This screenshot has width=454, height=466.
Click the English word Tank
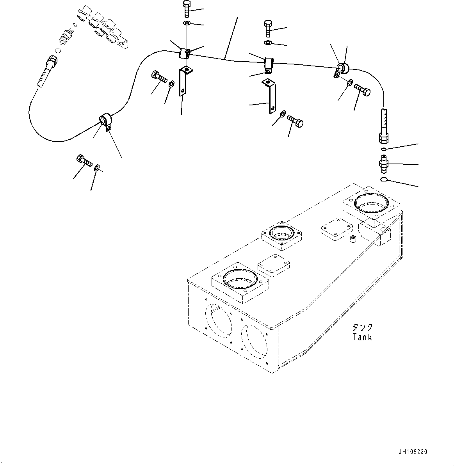pyautogui.click(x=362, y=337)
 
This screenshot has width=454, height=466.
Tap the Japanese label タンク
pyautogui.click(x=362, y=327)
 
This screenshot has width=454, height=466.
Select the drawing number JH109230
pyautogui.click(x=413, y=452)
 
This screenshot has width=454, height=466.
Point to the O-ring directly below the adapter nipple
pyautogui.click(x=384, y=180)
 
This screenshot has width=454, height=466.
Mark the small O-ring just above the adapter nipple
pyautogui.click(x=384, y=149)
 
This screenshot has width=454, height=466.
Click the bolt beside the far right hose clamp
pyautogui.click(x=363, y=90)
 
